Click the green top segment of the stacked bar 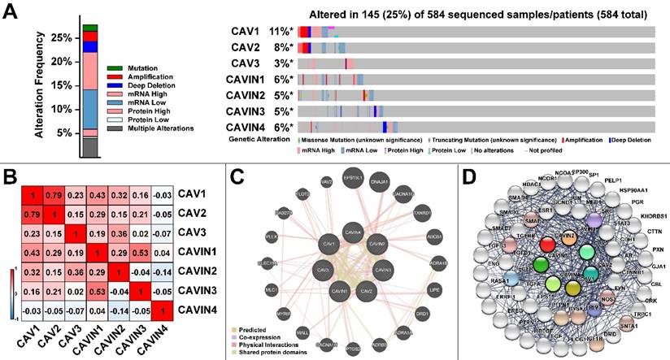[90, 28]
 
